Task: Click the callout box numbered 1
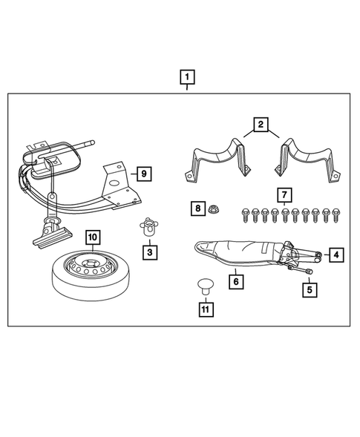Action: [x=187, y=77]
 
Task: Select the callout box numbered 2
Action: [x=261, y=125]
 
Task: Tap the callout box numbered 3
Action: [x=150, y=252]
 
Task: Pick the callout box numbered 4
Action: [x=336, y=254]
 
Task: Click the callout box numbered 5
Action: [x=310, y=290]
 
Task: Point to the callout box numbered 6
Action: [x=236, y=282]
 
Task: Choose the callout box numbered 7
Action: [x=284, y=195]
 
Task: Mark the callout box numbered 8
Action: [x=198, y=208]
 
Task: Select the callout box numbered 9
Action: [x=144, y=174]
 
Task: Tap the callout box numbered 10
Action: [x=93, y=237]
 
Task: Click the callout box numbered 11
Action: [x=206, y=309]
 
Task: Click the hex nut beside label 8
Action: [x=213, y=208]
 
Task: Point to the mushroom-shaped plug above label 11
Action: [x=206, y=286]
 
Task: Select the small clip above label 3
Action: [x=149, y=226]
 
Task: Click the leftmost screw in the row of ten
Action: [x=246, y=215]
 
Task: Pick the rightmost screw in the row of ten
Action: [x=336, y=215]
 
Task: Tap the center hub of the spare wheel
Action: [x=91, y=263]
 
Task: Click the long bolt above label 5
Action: [x=301, y=269]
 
